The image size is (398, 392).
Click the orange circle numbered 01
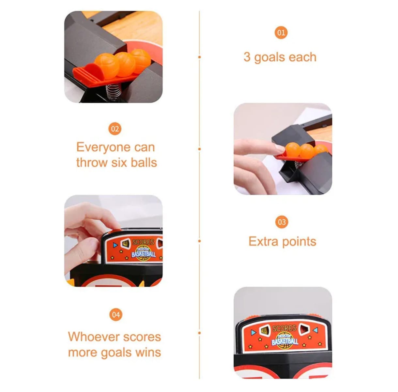[281, 33]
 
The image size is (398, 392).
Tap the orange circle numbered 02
[115, 129]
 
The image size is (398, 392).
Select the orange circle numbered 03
[282, 222]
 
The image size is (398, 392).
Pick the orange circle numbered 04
[116, 315]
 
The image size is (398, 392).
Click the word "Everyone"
[104, 148]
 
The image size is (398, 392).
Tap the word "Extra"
[263, 241]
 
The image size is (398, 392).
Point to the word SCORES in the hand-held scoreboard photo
[143, 242]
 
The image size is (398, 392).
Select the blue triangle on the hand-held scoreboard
[115, 245]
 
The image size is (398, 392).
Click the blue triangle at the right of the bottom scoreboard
[315, 330]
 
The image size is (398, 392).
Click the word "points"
[299, 242]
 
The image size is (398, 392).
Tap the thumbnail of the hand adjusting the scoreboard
[114, 241]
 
